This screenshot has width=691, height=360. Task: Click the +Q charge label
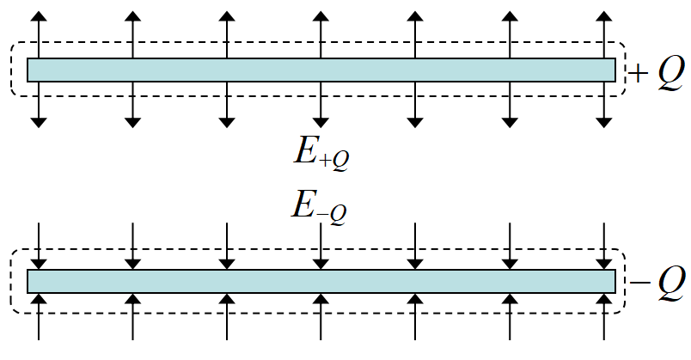657,75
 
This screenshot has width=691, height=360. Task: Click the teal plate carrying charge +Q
321,70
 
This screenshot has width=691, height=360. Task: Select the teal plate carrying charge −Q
321,281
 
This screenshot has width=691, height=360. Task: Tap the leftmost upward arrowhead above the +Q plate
38,17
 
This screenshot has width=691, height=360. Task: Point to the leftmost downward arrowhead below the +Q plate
38,122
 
